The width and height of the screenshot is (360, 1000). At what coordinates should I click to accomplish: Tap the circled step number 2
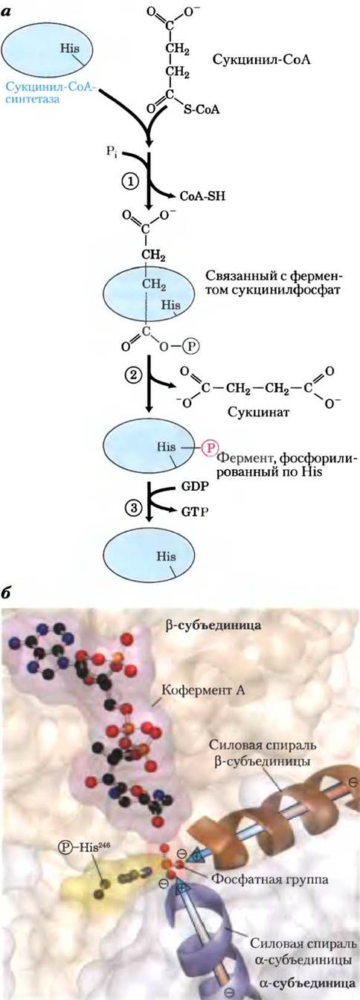tap(132, 375)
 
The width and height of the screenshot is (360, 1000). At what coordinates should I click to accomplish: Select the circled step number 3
tap(132, 507)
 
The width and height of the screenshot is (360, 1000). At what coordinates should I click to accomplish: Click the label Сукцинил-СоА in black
tap(261, 59)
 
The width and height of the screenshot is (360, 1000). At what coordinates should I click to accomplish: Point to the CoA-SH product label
tap(202, 196)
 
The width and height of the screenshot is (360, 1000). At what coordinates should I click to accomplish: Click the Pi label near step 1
tap(112, 152)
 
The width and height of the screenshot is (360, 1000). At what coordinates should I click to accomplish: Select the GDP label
tap(195, 486)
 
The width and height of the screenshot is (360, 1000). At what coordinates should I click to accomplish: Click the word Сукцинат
tap(252, 411)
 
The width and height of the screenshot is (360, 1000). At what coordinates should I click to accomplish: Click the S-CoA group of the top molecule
tap(202, 109)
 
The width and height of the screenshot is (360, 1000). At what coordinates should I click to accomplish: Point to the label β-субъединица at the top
tap(213, 625)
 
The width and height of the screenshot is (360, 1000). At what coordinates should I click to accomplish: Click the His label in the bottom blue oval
tap(166, 557)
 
